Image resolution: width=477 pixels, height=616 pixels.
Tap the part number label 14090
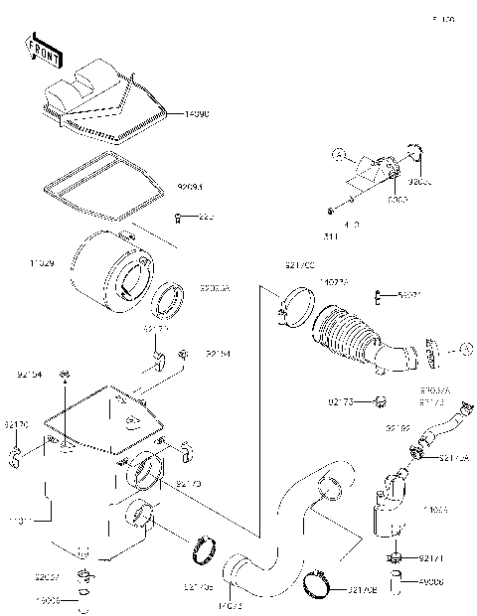point(199,115)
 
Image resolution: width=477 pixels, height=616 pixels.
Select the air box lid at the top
point(99,99)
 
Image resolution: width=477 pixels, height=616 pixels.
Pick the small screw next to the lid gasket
point(177,217)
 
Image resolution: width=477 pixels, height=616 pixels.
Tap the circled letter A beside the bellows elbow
point(463,349)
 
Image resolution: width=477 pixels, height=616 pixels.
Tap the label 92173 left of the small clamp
point(341,401)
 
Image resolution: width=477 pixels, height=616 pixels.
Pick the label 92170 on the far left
point(15,424)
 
